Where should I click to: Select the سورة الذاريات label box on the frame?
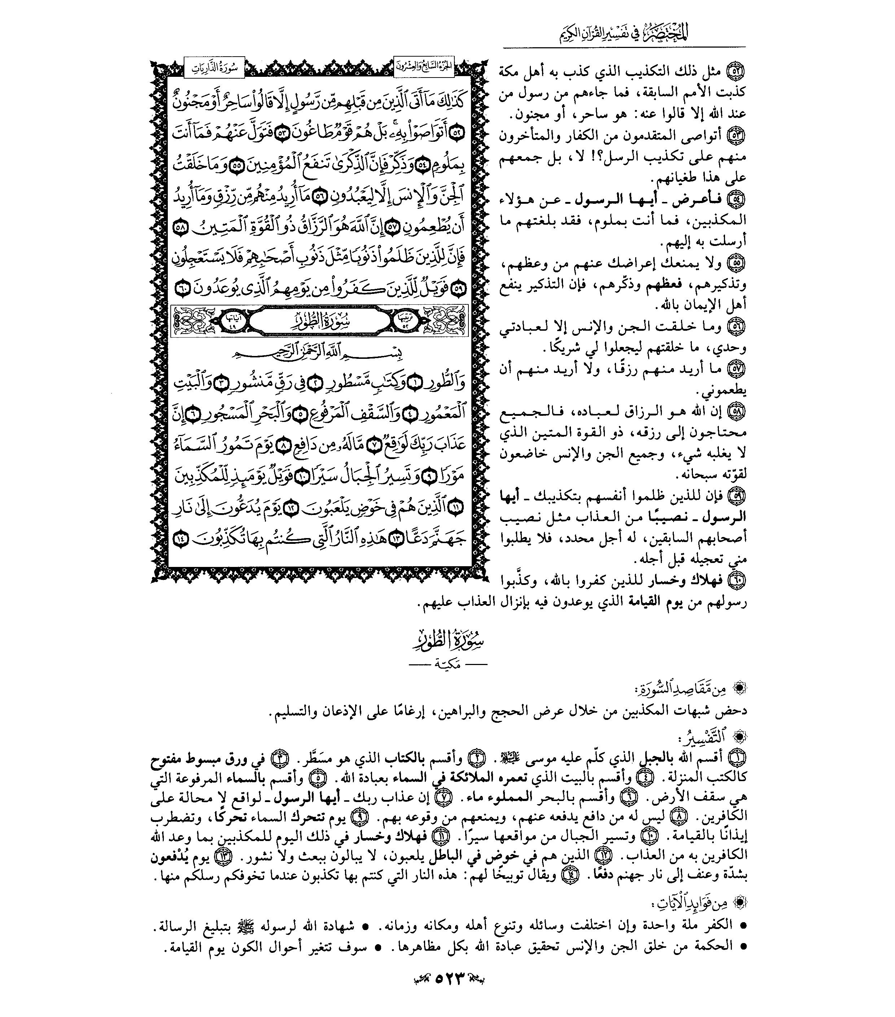pos(214,67)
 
